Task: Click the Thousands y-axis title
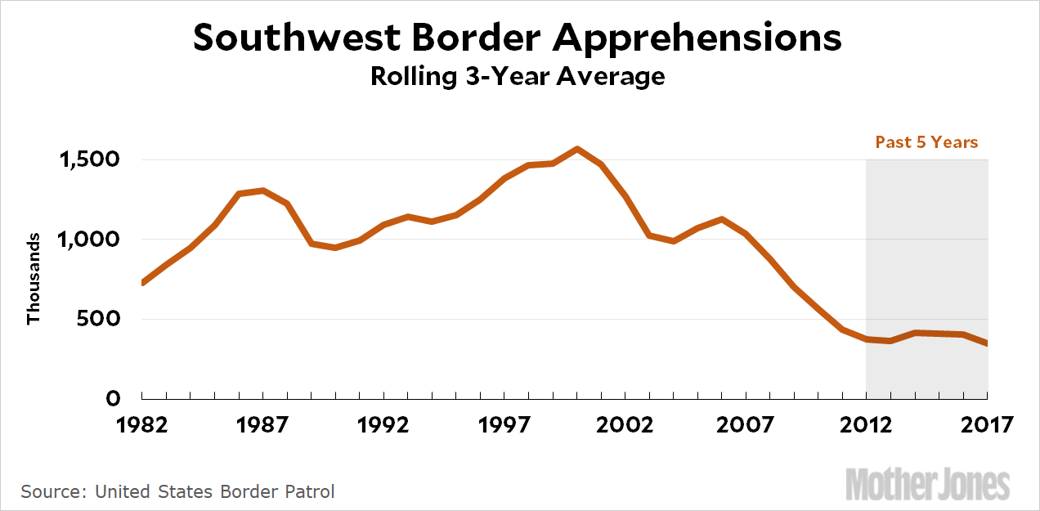[34, 279]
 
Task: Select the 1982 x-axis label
[142, 425]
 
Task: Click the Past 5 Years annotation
[926, 142]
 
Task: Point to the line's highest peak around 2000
[577, 149]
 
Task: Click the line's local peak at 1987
[262, 191]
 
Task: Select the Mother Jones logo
[928, 484]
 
